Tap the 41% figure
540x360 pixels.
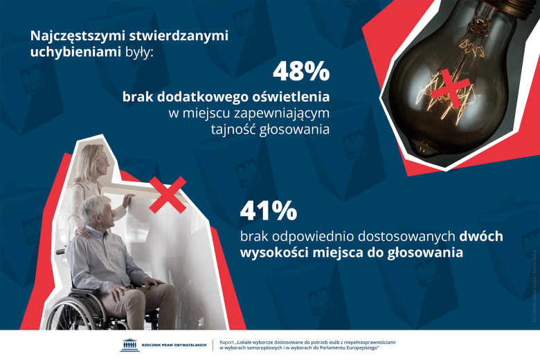269,210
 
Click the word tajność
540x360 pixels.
235,128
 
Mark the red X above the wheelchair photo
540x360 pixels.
168,194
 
